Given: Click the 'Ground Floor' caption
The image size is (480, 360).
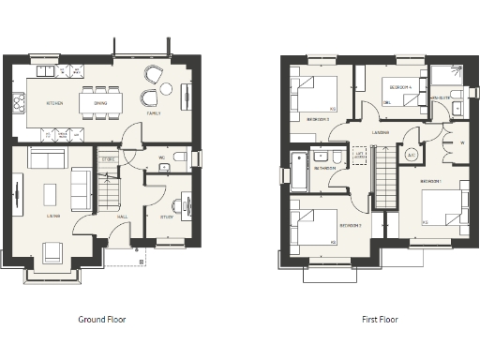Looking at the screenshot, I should point(101,320).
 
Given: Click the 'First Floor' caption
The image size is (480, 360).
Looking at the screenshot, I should point(380,320).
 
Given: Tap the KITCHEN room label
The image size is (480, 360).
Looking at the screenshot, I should point(53,103).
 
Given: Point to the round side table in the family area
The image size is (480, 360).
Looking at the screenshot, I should point(165,89).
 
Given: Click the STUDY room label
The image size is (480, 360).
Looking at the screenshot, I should point(167,217).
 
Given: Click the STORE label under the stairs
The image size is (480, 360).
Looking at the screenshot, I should point(108,159).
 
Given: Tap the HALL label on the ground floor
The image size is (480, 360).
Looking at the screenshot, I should point(122,217).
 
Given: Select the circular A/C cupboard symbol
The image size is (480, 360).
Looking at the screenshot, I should point(411,156).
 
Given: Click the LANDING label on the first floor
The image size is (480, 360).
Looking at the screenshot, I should point(380,133).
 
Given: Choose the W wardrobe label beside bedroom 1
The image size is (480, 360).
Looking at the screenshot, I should point(462,143).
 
